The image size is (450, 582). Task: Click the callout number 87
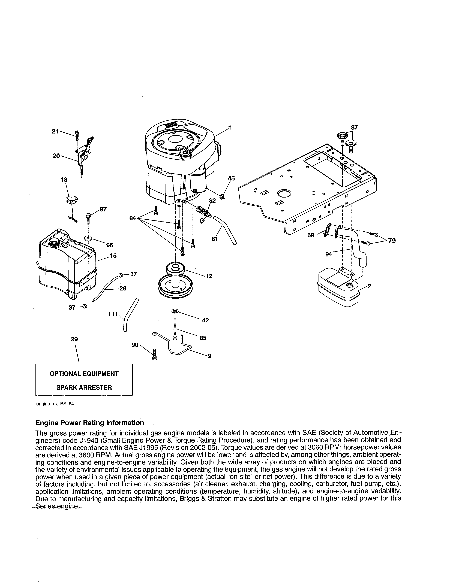[354, 128]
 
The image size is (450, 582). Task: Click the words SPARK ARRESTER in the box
[84, 387]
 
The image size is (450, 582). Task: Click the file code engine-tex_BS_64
[55, 404]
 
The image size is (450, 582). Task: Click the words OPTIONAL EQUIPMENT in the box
[84, 374]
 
